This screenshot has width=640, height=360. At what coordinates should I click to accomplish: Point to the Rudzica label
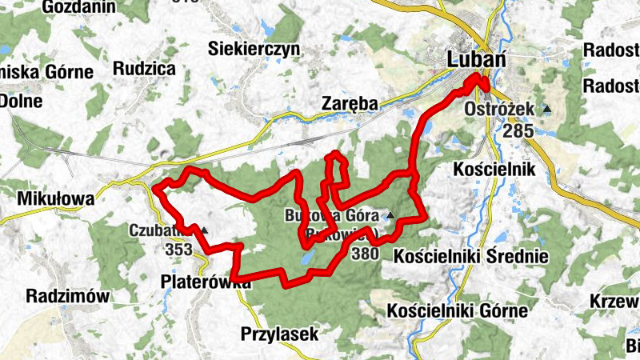click(x=144, y=68)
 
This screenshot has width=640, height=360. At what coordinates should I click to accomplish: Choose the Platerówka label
click(x=200, y=281)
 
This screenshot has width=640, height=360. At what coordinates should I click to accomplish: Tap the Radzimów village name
click(x=66, y=296)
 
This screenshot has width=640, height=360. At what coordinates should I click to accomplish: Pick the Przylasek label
click(x=280, y=333)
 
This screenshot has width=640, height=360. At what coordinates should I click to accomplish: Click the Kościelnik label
click(x=487, y=170)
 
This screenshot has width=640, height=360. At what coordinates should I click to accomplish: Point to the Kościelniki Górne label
click(x=457, y=310)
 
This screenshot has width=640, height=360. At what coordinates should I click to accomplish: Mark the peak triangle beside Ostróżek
click(x=547, y=109)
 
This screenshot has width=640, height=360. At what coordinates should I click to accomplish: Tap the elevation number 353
click(x=178, y=250)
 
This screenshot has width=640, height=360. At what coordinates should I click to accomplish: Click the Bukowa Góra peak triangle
click(x=390, y=215)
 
